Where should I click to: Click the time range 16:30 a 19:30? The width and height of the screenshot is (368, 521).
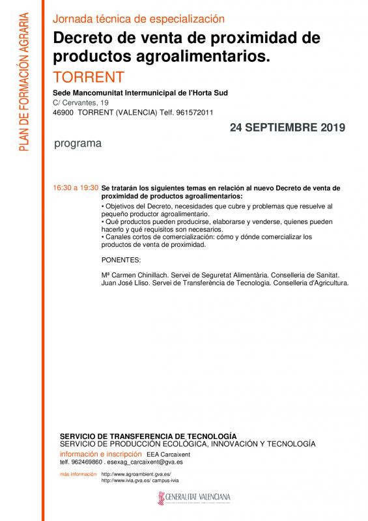pyautogui.click(x=76, y=188)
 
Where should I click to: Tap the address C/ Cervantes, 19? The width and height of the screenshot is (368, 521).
pyautogui.click(x=81, y=103)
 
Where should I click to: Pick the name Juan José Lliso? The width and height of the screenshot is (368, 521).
pyautogui.click(x=126, y=283)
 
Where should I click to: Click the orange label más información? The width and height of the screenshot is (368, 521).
pyautogui.click(x=78, y=474)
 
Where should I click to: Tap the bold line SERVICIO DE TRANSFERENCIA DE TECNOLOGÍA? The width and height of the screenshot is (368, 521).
pyautogui.click(x=148, y=435)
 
